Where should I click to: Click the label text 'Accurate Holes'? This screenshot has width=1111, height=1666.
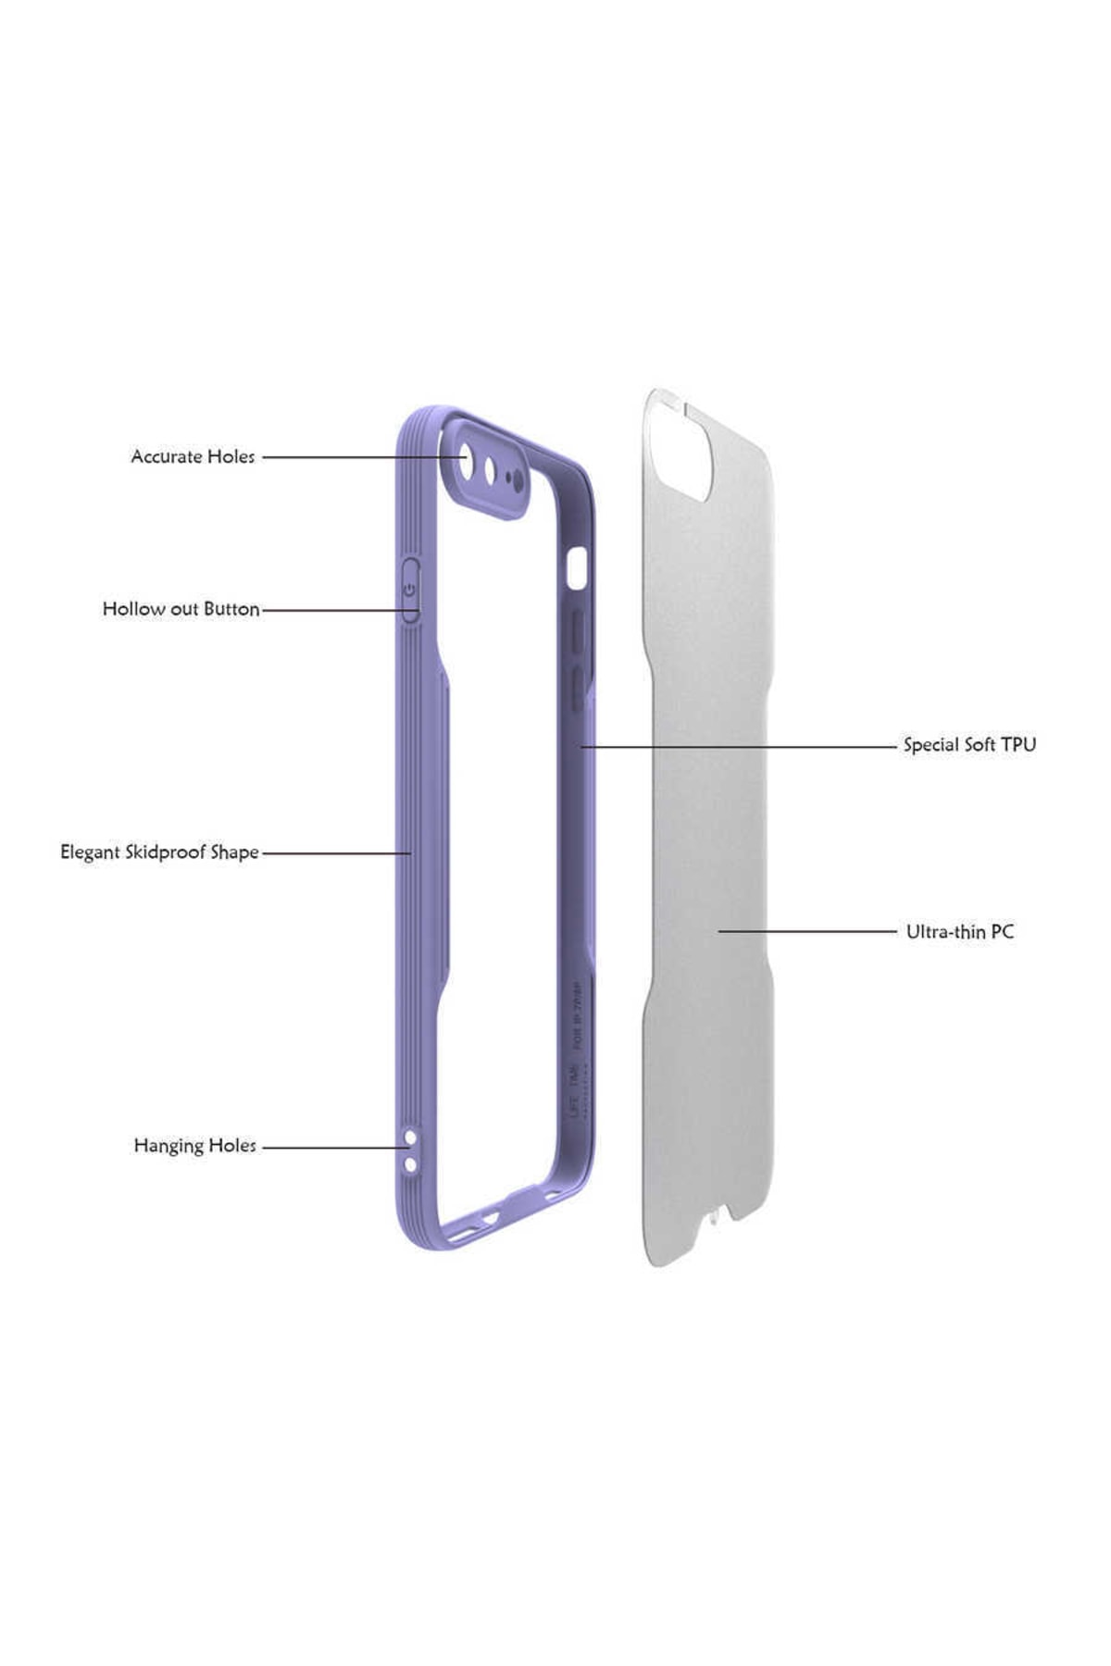tap(193, 456)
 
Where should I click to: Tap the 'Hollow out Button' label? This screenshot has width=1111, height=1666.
tap(181, 609)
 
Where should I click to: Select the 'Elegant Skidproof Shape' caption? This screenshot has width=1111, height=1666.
tap(159, 852)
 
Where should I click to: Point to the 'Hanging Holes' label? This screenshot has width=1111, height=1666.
tap(194, 1146)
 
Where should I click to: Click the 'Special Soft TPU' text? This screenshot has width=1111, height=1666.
tap(969, 745)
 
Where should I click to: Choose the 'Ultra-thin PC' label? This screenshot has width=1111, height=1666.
tap(959, 932)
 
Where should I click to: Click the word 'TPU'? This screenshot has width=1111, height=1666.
tap(1018, 745)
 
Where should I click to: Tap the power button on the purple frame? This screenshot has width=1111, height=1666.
tap(410, 589)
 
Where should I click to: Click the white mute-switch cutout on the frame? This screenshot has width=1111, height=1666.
tap(578, 568)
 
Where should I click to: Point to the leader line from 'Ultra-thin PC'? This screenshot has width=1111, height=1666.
tap(805, 931)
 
